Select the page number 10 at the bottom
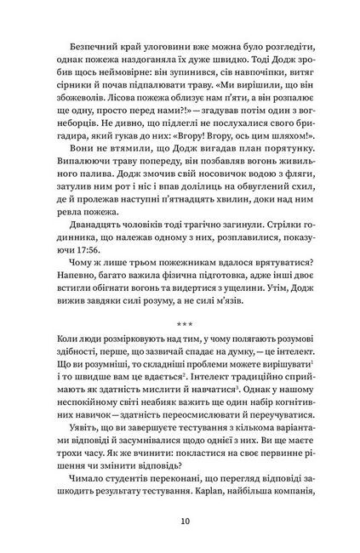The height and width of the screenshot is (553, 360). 180,521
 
